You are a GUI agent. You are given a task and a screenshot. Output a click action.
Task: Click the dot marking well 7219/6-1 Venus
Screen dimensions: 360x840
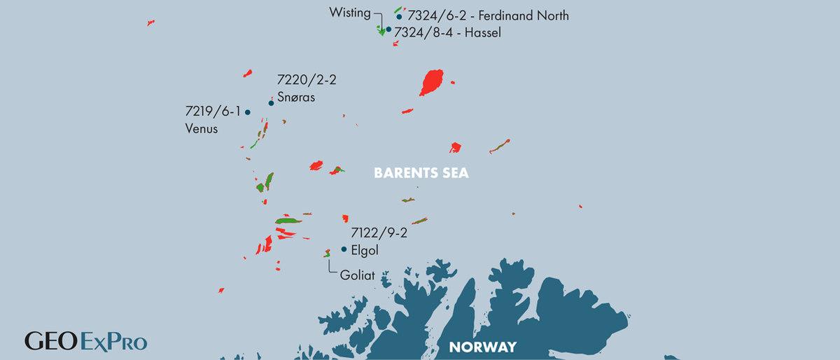(x=248, y=112)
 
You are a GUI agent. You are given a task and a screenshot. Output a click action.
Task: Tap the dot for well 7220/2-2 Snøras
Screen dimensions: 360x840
(x=271, y=103)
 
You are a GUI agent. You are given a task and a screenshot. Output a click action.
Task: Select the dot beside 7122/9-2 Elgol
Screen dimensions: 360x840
(x=344, y=249)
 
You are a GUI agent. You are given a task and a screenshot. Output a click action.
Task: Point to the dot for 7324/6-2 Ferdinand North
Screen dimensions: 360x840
(x=399, y=17)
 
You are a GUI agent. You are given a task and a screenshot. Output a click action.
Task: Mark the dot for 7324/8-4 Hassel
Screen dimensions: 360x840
(x=388, y=30)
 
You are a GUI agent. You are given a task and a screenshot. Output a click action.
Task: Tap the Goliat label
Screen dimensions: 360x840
(x=357, y=276)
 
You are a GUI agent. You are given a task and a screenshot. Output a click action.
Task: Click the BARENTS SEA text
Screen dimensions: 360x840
(x=420, y=173)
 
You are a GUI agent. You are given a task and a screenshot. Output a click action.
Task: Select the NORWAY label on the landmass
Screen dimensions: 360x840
(x=482, y=347)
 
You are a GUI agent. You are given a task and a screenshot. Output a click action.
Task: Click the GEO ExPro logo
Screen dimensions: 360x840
(x=86, y=342)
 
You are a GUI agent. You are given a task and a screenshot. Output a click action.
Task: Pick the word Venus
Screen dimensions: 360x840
(x=202, y=129)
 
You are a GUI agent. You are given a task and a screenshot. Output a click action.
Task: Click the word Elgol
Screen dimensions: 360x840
(x=365, y=250)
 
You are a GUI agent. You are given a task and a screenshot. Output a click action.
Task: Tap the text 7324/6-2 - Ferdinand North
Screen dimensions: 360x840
(x=487, y=15)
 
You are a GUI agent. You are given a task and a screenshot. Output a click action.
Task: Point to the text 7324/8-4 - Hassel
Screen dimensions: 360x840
(x=448, y=32)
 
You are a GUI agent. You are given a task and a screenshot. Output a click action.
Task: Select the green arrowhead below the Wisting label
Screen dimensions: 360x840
(x=381, y=32)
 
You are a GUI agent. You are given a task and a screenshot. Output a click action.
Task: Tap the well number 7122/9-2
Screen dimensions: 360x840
(x=378, y=233)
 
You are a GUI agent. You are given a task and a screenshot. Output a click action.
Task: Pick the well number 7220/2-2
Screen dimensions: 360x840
(x=307, y=80)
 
